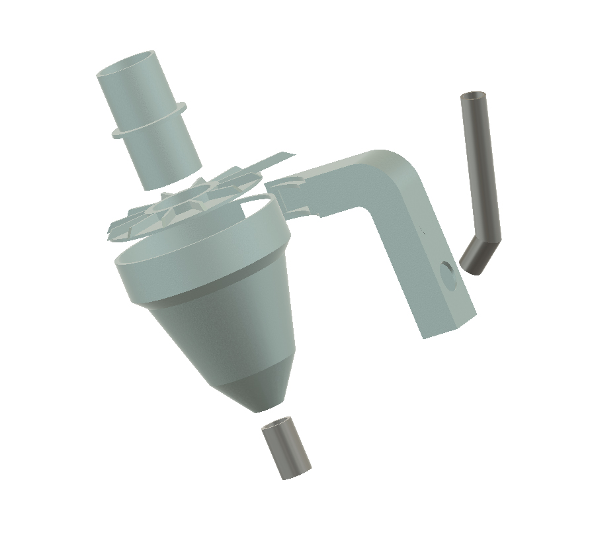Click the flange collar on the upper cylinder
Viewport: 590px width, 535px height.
(x=149, y=122)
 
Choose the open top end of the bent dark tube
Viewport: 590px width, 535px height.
(x=472, y=96)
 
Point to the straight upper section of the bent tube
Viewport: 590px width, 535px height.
(x=480, y=166)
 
